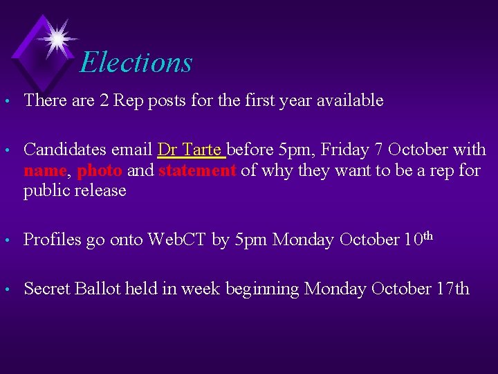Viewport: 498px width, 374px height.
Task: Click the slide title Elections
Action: (x=136, y=62)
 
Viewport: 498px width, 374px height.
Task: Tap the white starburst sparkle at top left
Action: (x=56, y=37)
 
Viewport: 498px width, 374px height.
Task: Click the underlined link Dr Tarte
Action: (x=190, y=150)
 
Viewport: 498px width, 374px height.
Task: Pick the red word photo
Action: (x=100, y=170)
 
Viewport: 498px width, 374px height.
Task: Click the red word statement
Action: (x=197, y=170)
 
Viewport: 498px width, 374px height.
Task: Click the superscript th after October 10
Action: (x=427, y=235)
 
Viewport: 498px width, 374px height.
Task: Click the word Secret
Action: (x=46, y=289)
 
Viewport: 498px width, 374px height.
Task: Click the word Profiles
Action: (x=51, y=240)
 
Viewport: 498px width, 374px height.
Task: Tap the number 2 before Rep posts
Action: (x=104, y=100)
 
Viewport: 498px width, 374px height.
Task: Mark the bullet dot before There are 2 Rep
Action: (x=7, y=102)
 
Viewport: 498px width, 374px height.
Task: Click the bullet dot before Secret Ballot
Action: (x=7, y=290)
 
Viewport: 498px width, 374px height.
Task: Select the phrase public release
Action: (x=75, y=190)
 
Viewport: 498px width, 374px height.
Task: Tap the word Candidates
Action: (x=62, y=150)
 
